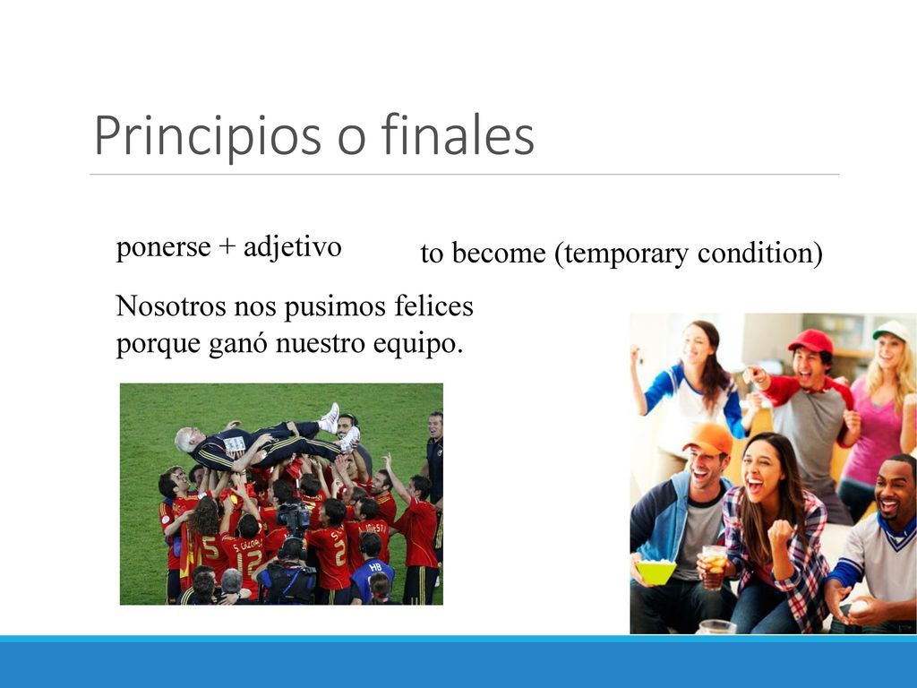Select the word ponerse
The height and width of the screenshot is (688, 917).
click(163, 247)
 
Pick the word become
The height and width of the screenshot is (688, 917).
click(499, 254)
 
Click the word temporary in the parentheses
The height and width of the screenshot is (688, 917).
click(626, 254)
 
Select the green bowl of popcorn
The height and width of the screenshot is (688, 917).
click(656, 571)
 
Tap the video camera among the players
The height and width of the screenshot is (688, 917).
click(293, 516)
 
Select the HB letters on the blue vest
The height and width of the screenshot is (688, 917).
click(375, 567)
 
